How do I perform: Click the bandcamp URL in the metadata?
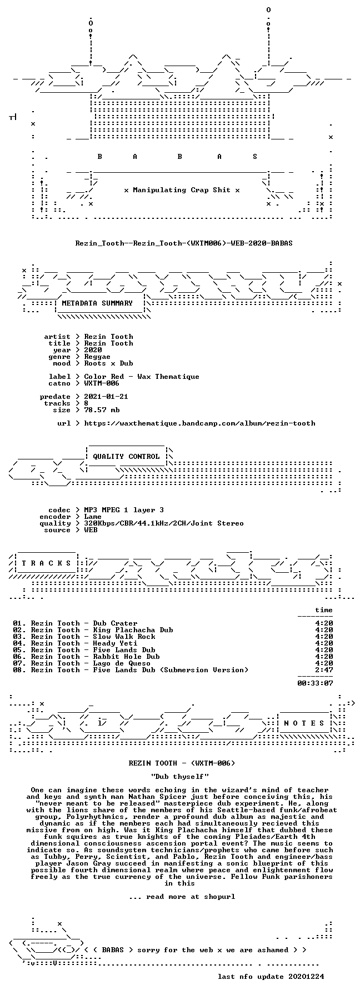199,423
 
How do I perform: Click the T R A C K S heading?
44,563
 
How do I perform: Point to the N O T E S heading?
304,723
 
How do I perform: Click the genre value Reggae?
97,357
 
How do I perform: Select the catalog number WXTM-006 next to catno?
102,383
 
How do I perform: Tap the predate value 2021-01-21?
106,397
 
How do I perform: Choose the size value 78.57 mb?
102,410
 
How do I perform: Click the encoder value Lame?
93,517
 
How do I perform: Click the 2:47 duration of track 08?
324,670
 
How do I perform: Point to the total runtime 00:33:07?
315,683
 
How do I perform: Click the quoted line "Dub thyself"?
179,776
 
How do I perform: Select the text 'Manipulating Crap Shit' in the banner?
182,190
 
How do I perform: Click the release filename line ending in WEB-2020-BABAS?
184,243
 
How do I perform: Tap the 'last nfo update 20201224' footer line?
271,977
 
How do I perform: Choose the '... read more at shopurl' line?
182,897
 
